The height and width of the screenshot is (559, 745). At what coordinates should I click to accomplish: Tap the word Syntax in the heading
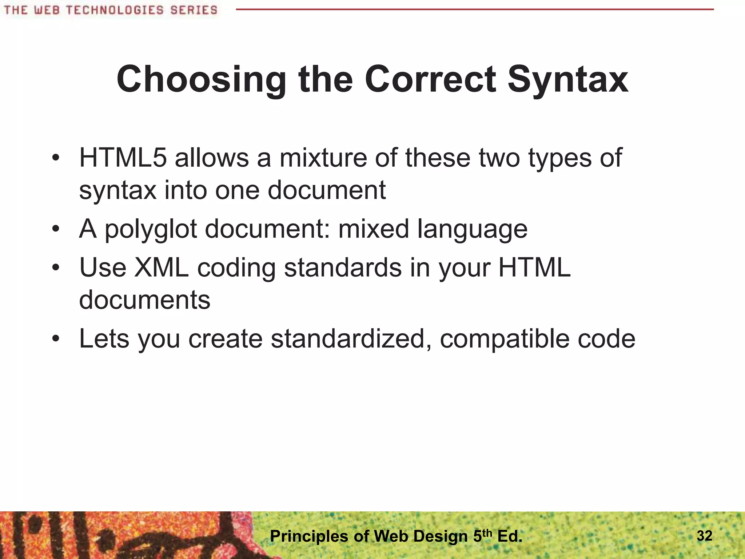tap(568, 79)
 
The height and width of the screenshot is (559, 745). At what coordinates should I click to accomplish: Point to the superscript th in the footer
tap(488, 533)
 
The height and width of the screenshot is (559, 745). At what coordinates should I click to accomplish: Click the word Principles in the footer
tap(309, 536)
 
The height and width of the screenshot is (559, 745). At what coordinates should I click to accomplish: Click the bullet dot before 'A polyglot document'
tap(55, 229)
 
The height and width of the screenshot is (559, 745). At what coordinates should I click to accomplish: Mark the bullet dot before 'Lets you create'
tap(55, 339)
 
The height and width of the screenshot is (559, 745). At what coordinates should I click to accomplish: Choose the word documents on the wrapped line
tap(145, 300)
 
